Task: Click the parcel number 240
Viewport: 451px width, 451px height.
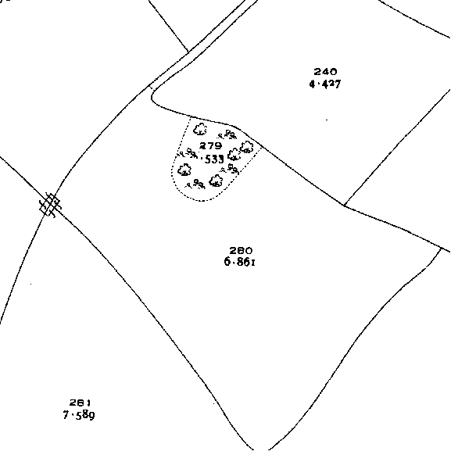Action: click(x=325, y=71)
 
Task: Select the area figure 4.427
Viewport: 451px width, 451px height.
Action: click(x=325, y=84)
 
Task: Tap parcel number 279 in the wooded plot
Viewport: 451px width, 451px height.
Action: click(x=211, y=146)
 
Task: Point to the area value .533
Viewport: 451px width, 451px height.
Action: click(x=213, y=159)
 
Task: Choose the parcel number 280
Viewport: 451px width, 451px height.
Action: click(x=241, y=251)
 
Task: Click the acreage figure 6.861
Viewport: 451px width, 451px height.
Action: click(x=240, y=262)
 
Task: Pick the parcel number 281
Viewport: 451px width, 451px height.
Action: click(x=81, y=403)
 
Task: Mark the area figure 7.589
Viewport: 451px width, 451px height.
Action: click(x=79, y=415)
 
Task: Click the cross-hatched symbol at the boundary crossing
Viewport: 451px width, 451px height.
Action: click(x=50, y=205)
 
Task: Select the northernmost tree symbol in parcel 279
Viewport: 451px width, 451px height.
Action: click(x=200, y=129)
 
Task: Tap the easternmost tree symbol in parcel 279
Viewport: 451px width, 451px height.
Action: click(x=247, y=147)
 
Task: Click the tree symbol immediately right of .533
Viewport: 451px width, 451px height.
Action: click(x=234, y=155)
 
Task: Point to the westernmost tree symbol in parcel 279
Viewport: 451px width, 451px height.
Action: click(x=184, y=170)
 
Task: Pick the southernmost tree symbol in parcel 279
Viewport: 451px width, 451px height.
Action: click(x=216, y=181)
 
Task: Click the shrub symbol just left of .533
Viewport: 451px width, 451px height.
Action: click(x=188, y=153)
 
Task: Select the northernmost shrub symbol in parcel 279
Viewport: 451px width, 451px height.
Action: click(x=227, y=134)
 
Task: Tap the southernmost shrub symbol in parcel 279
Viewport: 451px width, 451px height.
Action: click(x=196, y=184)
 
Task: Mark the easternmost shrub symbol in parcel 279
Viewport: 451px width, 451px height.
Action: click(x=230, y=169)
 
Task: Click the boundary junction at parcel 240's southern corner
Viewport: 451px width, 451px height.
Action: click(x=344, y=206)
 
